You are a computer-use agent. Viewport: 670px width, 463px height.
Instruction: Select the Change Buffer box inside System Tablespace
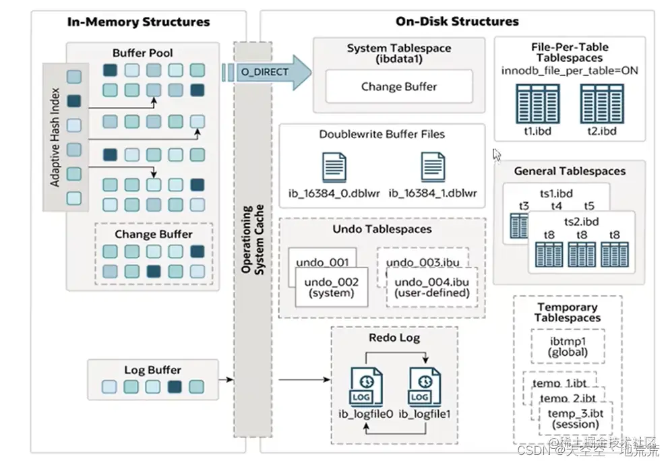pos(399,86)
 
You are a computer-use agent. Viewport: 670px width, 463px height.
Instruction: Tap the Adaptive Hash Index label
pos(55,137)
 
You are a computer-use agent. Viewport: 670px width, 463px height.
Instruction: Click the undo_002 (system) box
pos(331,287)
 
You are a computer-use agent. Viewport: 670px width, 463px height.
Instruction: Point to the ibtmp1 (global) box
pos(568,346)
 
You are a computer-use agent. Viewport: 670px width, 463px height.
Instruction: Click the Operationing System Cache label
pos(251,240)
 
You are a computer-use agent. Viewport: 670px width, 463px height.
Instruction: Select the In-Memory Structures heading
pos(139,22)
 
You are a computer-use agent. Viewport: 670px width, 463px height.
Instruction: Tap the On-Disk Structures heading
pos(457,22)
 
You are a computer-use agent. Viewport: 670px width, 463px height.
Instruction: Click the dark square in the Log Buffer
pos(175,387)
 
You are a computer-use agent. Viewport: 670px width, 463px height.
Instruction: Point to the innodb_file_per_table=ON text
pos(570,70)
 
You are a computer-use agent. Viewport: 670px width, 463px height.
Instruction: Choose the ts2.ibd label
pos(582,221)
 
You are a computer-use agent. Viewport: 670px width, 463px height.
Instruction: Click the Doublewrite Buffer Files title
pos(382,134)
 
